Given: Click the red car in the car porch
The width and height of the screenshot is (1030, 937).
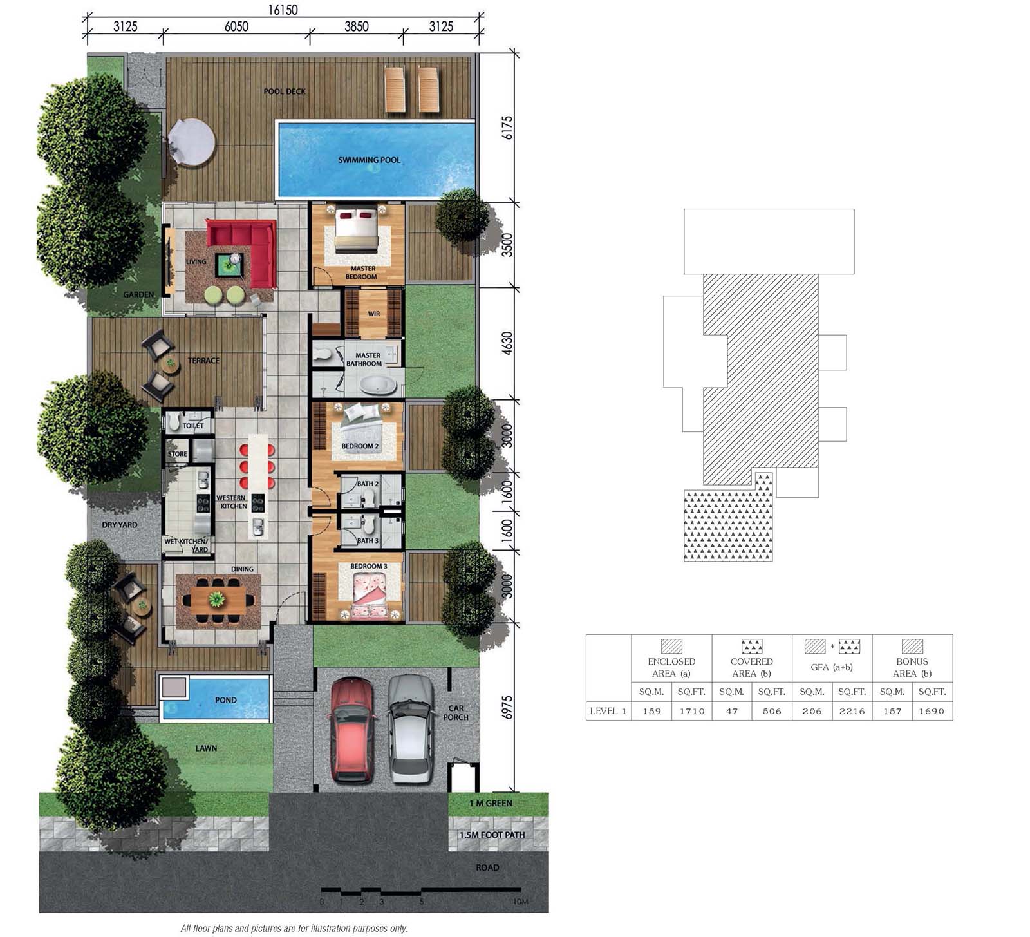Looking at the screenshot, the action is click(x=351, y=730).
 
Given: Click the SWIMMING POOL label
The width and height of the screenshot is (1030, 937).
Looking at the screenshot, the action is click(x=370, y=160).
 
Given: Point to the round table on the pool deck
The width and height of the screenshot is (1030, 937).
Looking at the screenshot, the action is click(x=191, y=142).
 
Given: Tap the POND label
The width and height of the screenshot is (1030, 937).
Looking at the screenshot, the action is click(x=226, y=700).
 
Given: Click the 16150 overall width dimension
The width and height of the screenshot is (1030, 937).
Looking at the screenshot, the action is click(x=283, y=10).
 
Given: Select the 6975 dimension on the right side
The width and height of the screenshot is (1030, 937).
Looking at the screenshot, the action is click(x=507, y=707).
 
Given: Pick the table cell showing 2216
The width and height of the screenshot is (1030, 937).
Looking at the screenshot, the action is click(x=852, y=711).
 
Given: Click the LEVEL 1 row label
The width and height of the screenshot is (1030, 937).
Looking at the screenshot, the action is click(x=608, y=711).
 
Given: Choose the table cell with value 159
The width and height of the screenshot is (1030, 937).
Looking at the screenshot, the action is click(x=651, y=711).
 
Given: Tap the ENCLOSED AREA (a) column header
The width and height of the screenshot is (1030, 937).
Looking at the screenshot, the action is click(x=671, y=667).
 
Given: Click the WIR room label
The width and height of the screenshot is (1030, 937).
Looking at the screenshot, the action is click(x=374, y=314).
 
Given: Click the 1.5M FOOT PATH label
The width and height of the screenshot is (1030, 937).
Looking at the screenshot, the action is click(x=492, y=835).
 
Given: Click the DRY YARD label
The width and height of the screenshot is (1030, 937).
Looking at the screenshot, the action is click(x=120, y=525).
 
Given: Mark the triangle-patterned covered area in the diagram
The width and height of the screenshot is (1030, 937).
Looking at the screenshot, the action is click(x=728, y=520).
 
